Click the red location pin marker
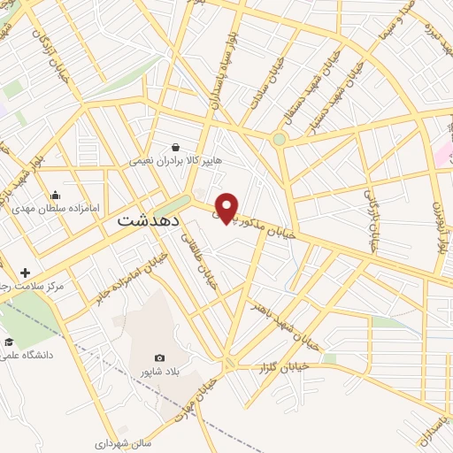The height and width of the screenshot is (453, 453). tap(227, 206)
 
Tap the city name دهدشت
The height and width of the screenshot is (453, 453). tap(146, 219)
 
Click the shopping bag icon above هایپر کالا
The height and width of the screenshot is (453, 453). tap(177, 148)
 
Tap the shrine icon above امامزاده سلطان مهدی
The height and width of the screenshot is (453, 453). tap(56, 196)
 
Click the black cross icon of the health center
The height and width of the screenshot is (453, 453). tap(26, 273)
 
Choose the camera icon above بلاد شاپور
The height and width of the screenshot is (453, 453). tap(159, 357)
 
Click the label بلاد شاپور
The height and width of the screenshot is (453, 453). tap(160, 372)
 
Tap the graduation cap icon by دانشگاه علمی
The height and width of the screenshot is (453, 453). tap(9, 342)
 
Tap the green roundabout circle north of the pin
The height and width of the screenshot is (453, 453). tap(280, 139)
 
